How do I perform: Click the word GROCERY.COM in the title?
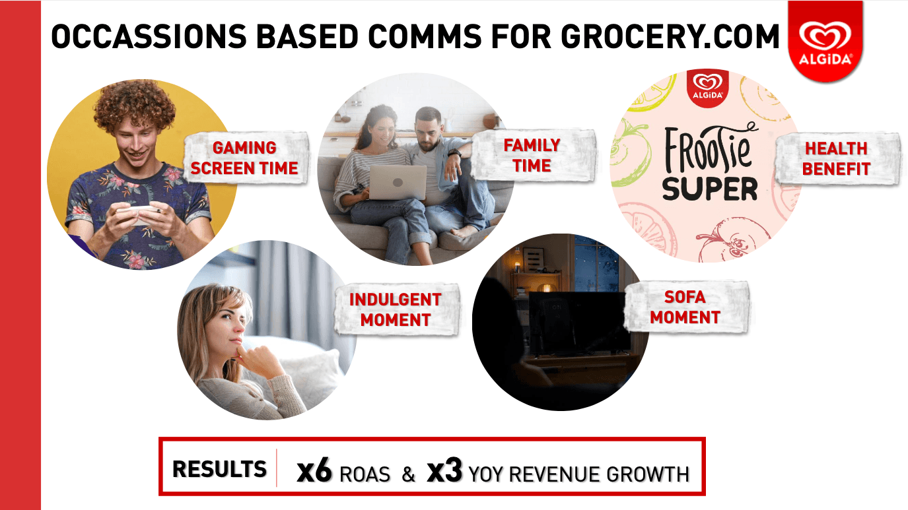[x=670, y=36]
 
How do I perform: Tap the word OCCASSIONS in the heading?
[x=149, y=36]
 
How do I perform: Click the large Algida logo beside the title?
[x=825, y=40]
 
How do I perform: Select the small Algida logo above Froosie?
[x=708, y=88]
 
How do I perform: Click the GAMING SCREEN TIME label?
[x=244, y=158]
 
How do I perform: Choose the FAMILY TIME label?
[x=532, y=155]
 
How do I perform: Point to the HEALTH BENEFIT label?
[x=836, y=158]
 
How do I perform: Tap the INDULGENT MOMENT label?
[x=396, y=309]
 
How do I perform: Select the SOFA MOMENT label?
[x=685, y=307]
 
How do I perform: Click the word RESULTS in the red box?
[x=219, y=469]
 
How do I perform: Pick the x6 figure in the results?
[x=314, y=470]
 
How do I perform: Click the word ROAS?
[x=365, y=474]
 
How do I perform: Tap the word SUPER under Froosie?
[x=710, y=189]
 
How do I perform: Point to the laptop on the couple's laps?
[x=398, y=182]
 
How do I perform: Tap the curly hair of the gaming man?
[x=135, y=106]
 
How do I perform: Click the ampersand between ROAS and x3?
[x=409, y=474]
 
